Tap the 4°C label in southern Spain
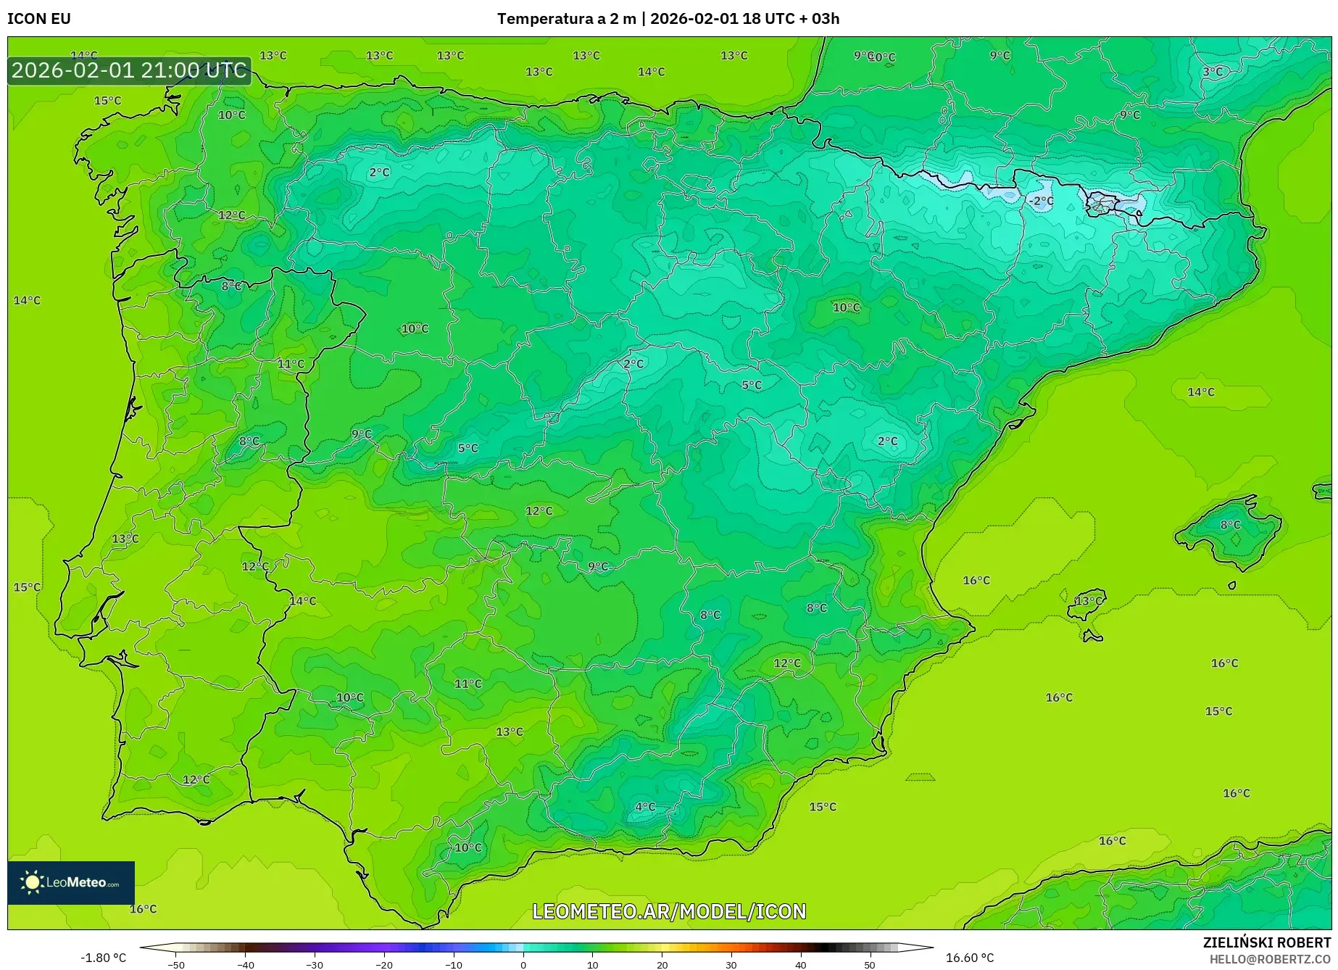(x=644, y=807)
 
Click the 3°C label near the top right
(x=1212, y=72)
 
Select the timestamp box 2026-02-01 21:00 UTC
(x=129, y=70)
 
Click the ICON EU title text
(x=39, y=19)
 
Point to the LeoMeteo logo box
(x=71, y=882)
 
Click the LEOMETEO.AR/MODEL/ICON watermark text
(x=668, y=911)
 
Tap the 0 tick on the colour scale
(x=523, y=964)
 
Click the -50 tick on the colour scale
(x=175, y=964)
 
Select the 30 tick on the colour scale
(x=731, y=964)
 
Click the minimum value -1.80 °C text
(x=103, y=958)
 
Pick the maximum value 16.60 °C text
(x=969, y=958)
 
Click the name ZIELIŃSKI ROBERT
(x=1266, y=942)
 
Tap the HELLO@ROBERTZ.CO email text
(x=1269, y=959)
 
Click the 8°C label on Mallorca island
(x=1230, y=525)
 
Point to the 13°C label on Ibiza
(x=1087, y=601)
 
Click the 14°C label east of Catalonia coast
(x=1200, y=392)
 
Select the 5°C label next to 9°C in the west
(x=468, y=448)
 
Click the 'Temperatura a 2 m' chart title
(x=566, y=19)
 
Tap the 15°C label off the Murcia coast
(x=822, y=807)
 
